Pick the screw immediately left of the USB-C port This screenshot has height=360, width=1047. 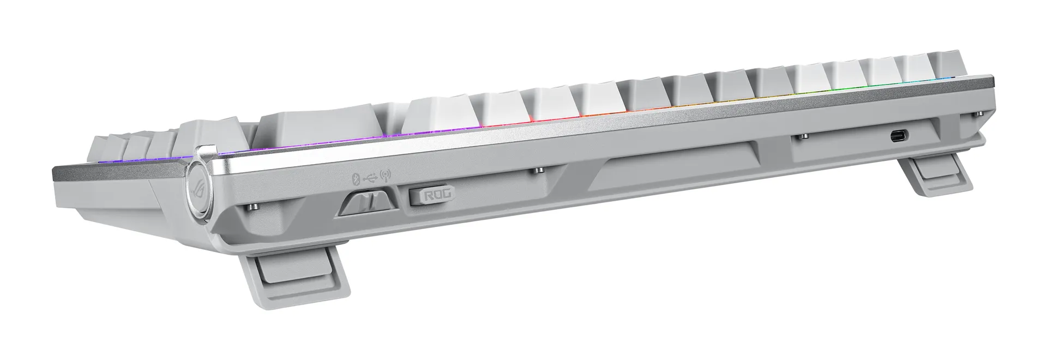(x=804, y=136)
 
